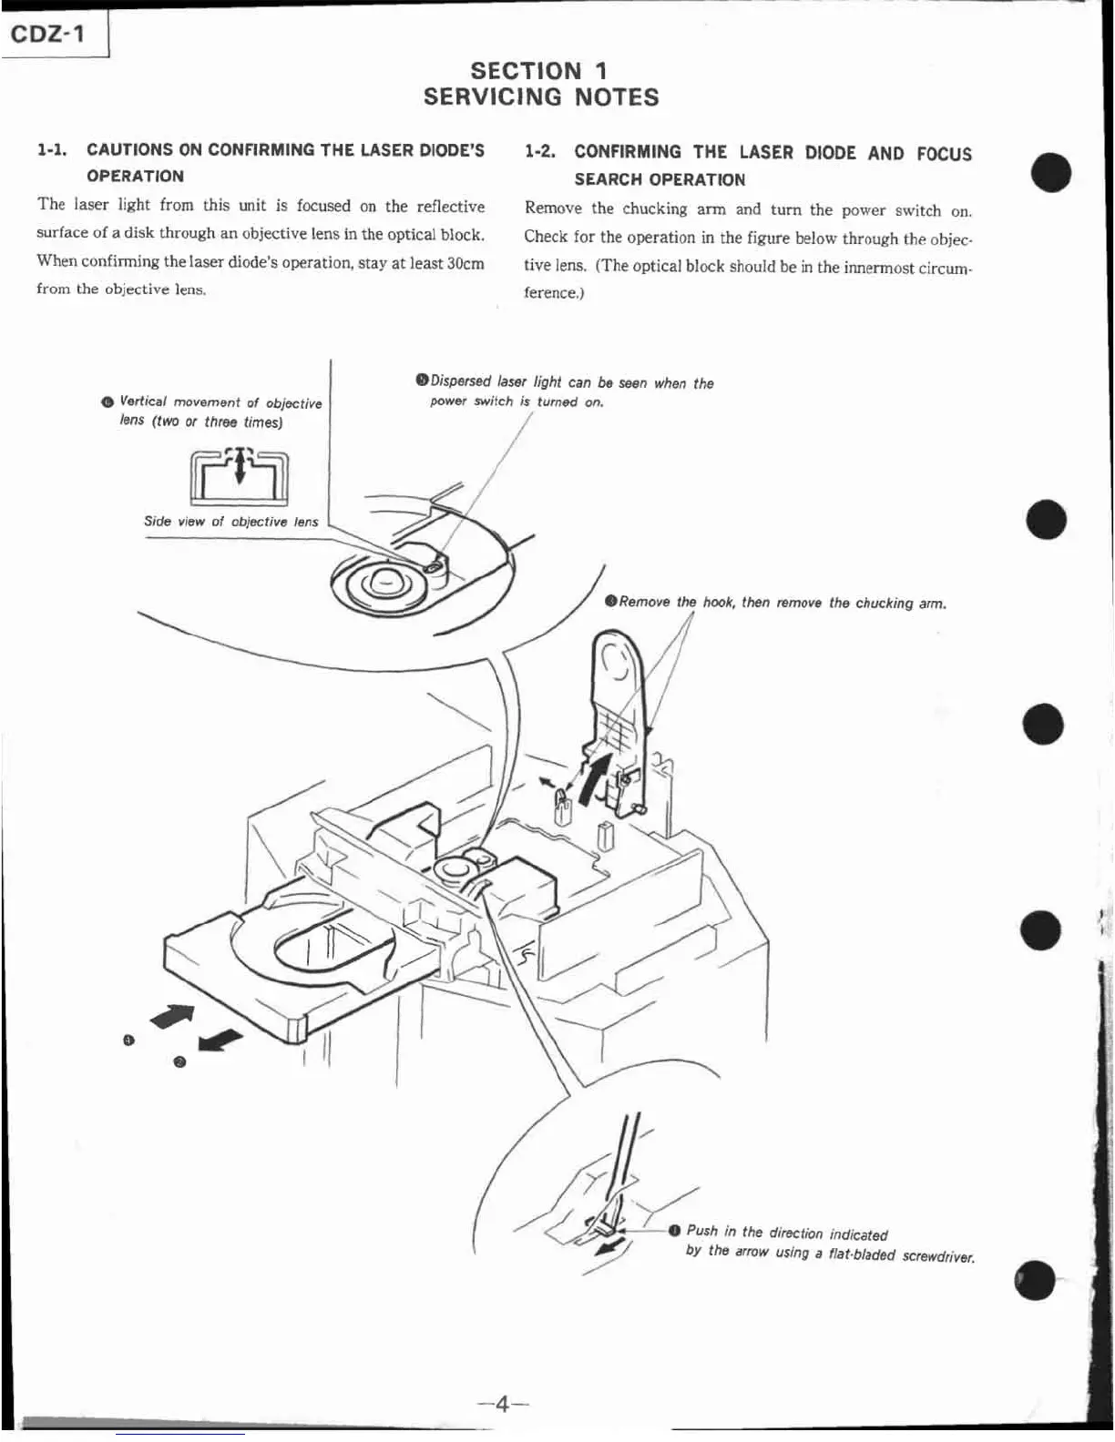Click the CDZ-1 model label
pyautogui.click(x=48, y=35)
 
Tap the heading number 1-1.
pyautogui.click(x=52, y=149)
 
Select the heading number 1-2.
pyautogui.click(x=540, y=152)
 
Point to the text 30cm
pyautogui.click(x=465, y=262)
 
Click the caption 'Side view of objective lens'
pyautogui.click(x=230, y=522)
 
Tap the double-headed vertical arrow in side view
pyautogui.click(x=240, y=466)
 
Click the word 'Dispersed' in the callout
pyautogui.click(x=461, y=381)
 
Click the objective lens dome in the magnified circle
pyautogui.click(x=384, y=580)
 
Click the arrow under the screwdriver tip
pyautogui.click(x=609, y=1244)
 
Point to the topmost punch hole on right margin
pyautogui.click(x=1051, y=172)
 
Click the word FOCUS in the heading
pyautogui.click(x=944, y=154)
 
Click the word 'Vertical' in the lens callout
pyautogui.click(x=143, y=401)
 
